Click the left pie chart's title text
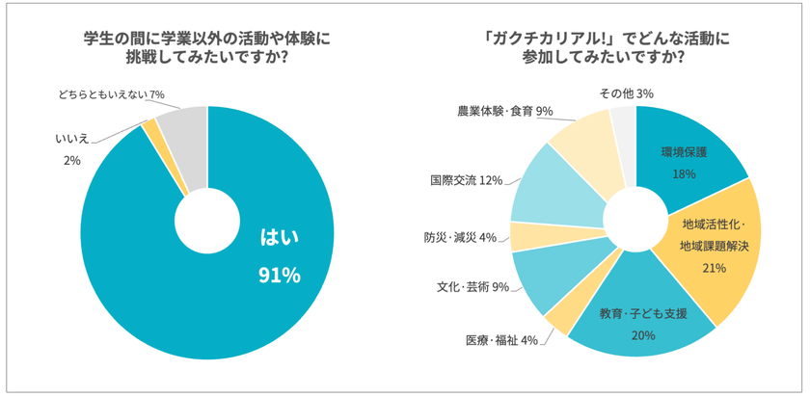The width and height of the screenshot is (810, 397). (x=207, y=47)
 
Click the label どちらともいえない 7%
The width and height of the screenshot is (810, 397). (x=111, y=93)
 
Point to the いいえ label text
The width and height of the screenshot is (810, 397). (x=71, y=139)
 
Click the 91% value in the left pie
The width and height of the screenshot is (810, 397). (x=279, y=276)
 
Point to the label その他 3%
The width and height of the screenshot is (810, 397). (x=626, y=93)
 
